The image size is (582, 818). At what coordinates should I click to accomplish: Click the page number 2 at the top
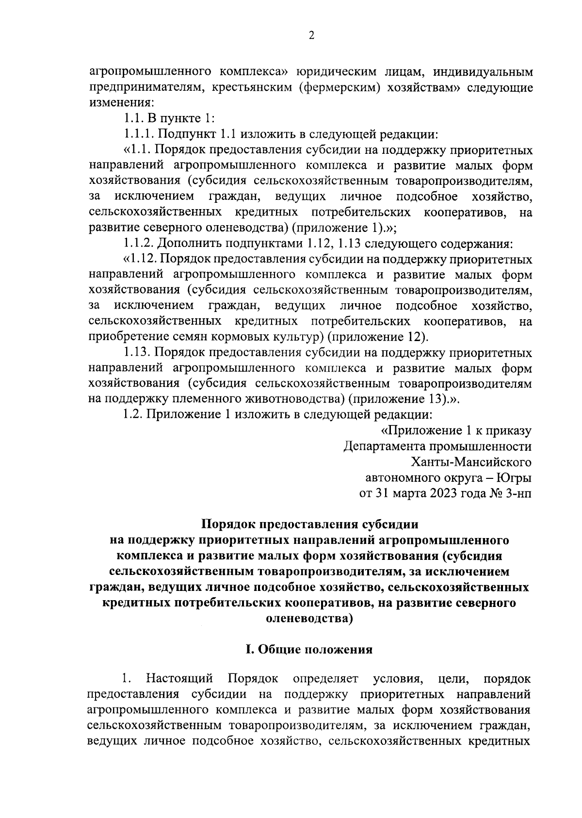pyautogui.click(x=312, y=35)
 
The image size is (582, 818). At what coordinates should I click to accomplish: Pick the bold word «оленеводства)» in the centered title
pyautogui.click(x=309, y=619)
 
